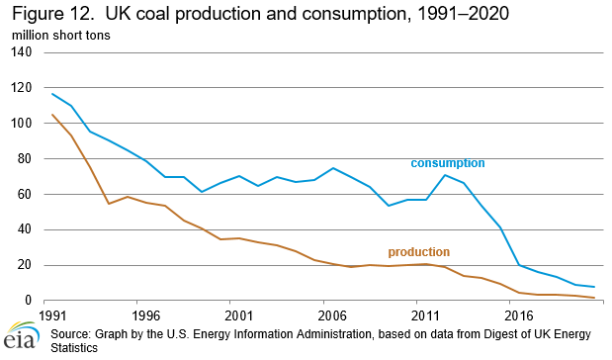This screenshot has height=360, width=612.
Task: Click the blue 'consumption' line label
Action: pos(448,162)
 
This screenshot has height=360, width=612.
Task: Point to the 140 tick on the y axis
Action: pos(23,52)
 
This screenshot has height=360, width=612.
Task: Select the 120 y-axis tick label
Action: pos(23,88)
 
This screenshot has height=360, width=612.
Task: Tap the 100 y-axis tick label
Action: pos(23,124)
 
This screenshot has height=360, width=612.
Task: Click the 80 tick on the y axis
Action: pos(26,159)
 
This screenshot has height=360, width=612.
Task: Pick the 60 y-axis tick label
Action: pos(26,195)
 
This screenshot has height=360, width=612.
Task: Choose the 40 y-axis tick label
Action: pos(26,230)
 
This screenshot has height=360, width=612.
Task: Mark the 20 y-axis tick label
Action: pos(26,265)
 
